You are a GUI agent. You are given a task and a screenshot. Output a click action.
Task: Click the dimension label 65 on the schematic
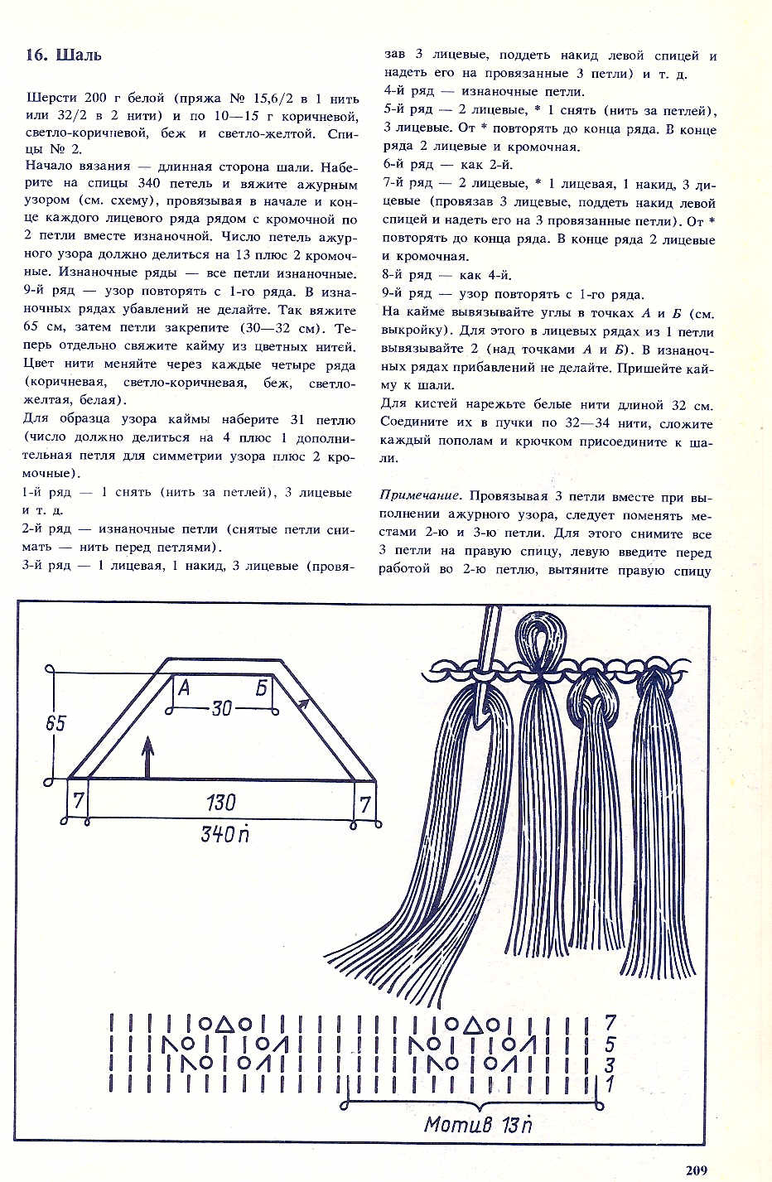[55, 722]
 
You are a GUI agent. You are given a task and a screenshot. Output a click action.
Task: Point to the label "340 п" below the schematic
[224, 833]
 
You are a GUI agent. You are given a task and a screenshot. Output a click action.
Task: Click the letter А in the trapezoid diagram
[184, 687]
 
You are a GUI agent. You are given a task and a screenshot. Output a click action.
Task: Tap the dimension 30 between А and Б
[221, 708]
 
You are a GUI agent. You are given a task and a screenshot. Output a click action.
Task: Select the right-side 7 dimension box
[364, 802]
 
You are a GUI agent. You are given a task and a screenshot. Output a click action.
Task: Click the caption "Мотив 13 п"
[478, 1124]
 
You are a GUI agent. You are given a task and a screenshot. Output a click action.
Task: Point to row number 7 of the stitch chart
[610, 1022]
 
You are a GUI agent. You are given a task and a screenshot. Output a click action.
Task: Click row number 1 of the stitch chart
[610, 1082]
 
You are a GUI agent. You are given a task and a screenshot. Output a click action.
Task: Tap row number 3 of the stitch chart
[610, 1063]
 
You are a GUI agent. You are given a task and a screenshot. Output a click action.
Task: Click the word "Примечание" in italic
[420, 496]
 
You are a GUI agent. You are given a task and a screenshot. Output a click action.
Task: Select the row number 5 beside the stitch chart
[610, 1043]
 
